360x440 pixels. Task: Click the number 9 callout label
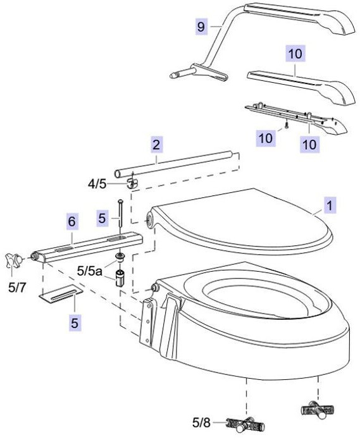(x=201, y=27)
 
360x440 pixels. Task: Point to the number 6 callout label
(x=72, y=222)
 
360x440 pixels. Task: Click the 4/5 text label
(x=98, y=184)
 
